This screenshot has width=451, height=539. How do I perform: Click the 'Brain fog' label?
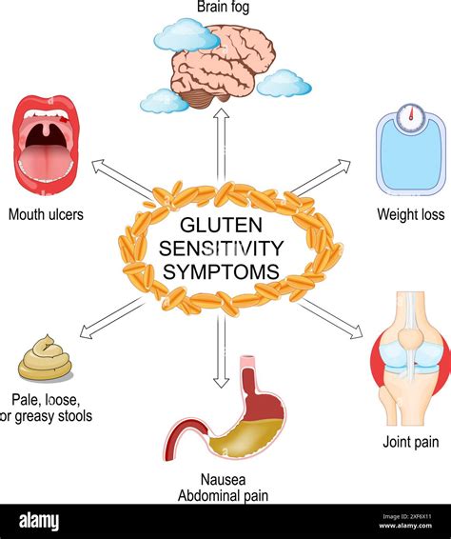tap(225, 9)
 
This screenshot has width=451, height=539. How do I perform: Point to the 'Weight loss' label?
tap(410, 215)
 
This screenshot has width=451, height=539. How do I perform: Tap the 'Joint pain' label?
tap(410, 442)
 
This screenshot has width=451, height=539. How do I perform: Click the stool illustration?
tap(45, 359)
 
